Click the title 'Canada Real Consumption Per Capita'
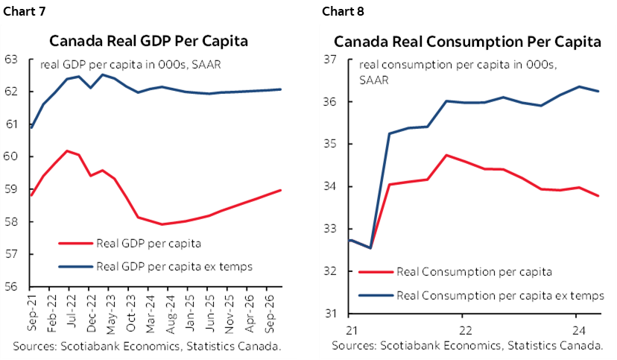467,42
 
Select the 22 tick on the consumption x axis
463,329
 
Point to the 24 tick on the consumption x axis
577,329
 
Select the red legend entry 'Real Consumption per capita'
475,272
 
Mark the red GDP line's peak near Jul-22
68,151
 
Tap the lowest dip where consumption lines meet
370,247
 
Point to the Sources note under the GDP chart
146,346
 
